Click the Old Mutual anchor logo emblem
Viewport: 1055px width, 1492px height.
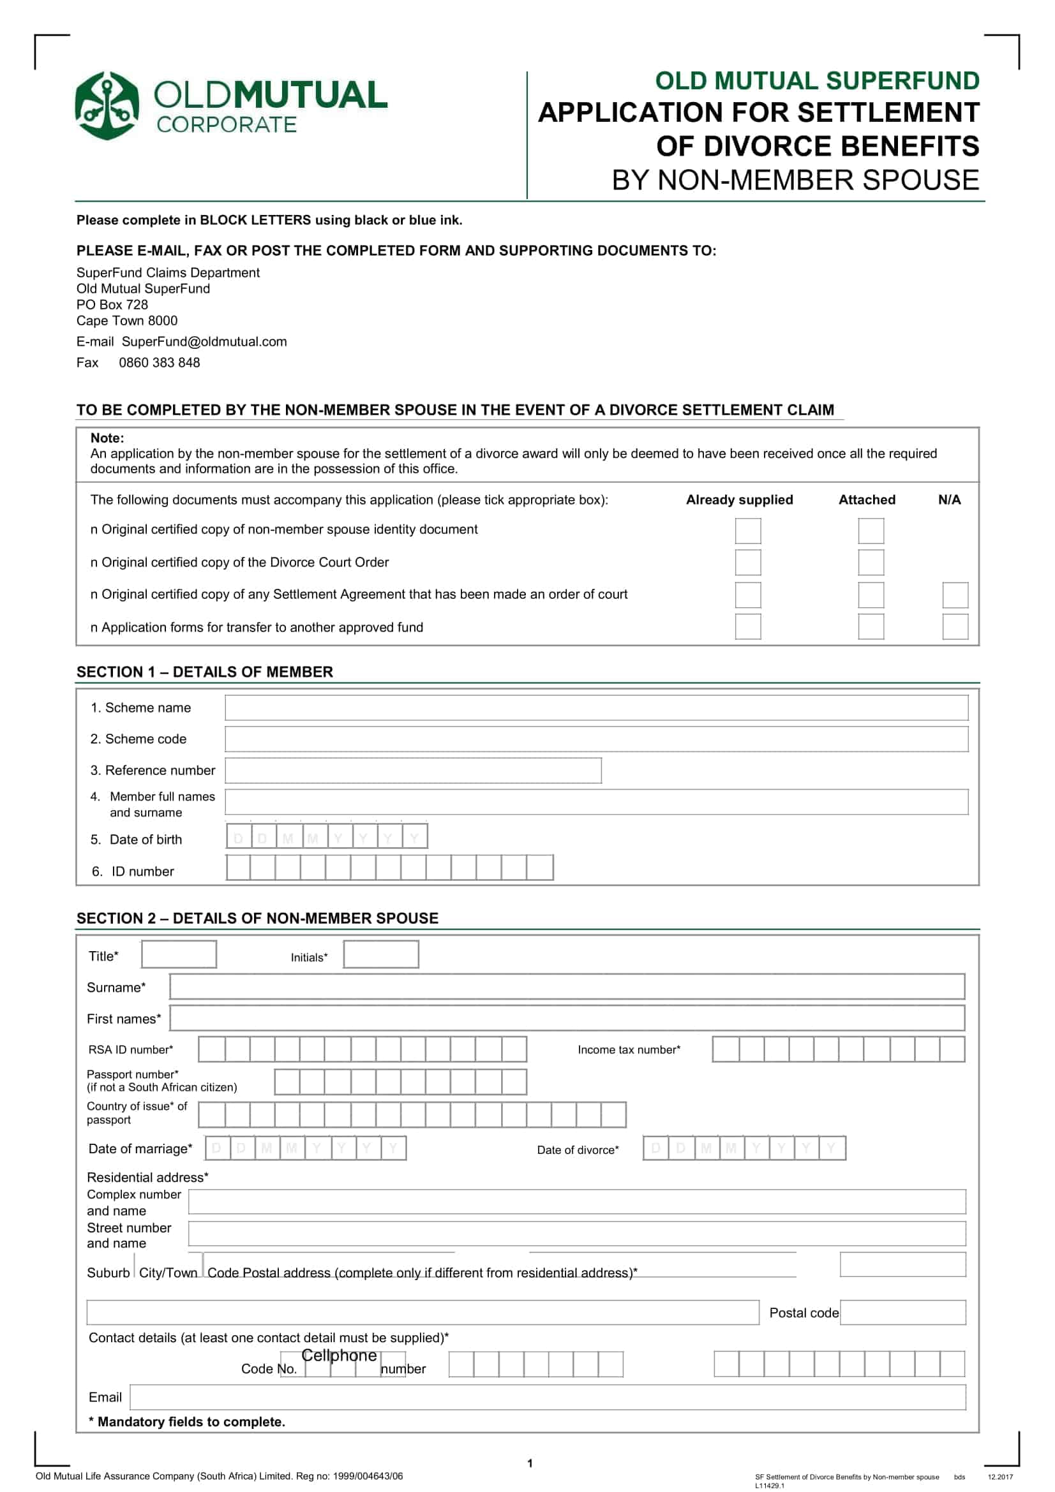pyautogui.click(x=107, y=105)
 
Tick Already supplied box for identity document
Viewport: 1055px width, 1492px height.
pyautogui.click(x=747, y=530)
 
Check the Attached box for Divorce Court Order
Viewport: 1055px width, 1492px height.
pyautogui.click(x=871, y=562)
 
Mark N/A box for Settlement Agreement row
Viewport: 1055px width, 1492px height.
pyautogui.click(x=955, y=595)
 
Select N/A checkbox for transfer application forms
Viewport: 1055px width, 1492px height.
pyautogui.click(x=955, y=626)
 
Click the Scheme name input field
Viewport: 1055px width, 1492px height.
pyautogui.click(x=596, y=707)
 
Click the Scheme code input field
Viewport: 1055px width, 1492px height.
pyautogui.click(x=596, y=738)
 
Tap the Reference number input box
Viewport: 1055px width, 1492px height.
pyautogui.click(x=413, y=770)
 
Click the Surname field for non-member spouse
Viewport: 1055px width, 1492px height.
pyautogui.click(x=567, y=986)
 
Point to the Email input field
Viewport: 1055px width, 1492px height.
pyautogui.click(x=548, y=1396)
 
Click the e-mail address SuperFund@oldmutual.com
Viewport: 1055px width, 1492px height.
pyautogui.click(x=204, y=342)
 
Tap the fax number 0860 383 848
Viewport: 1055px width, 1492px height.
pyautogui.click(x=160, y=362)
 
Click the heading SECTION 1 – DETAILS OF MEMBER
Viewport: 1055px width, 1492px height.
pyautogui.click(x=205, y=672)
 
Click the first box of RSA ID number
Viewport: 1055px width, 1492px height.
pyautogui.click(x=212, y=1049)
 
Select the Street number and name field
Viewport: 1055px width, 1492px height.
pyautogui.click(x=576, y=1233)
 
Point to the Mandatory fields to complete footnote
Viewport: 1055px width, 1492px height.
pyautogui.click(x=187, y=1421)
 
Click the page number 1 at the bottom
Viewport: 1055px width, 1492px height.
pyautogui.click(x=530, y=1463)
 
